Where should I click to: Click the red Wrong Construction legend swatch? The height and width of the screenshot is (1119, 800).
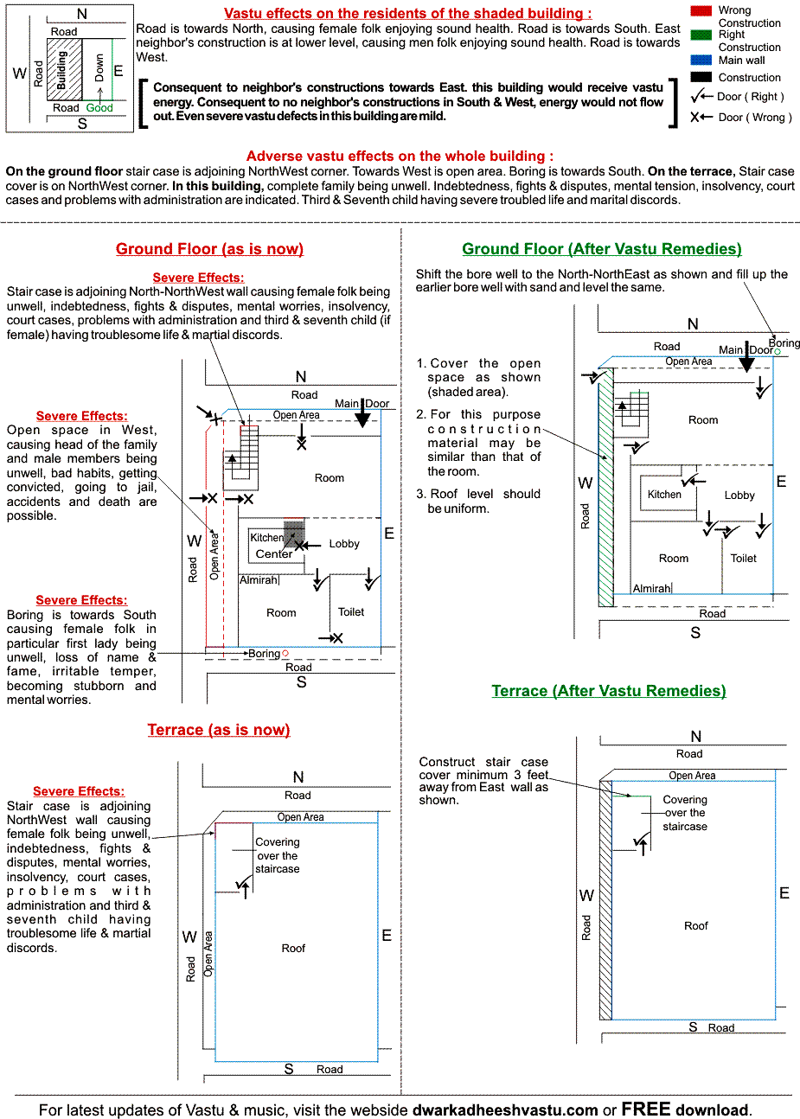point(701,11)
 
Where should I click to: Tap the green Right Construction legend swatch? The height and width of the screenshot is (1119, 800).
point(701,35)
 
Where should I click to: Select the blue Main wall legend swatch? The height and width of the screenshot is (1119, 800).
point(701,61)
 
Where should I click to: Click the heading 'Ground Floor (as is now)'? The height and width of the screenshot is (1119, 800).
point(209,249)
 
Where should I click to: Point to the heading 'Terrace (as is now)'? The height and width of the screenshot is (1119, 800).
point(219,730)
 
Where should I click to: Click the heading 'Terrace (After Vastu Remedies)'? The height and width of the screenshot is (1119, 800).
point(609,691)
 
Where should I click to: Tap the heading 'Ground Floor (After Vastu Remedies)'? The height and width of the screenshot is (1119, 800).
point(602,249)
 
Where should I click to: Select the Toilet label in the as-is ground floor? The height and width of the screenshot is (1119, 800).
point(351,612)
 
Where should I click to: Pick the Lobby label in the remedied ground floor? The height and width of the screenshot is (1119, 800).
point(739,496)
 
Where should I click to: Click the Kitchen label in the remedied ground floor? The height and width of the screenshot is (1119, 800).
point(664,495)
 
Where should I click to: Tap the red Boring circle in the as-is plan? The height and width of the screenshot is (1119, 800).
point(285,654)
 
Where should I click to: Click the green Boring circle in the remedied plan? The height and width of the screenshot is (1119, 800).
point(777,352)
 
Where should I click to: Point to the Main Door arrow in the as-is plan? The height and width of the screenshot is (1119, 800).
point(363,418)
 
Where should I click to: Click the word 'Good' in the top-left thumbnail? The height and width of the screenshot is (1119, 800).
point(99,108)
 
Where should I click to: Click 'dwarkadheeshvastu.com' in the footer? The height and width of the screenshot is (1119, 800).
point(505,1109)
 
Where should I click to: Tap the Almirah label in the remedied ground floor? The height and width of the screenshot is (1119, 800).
point(651,589)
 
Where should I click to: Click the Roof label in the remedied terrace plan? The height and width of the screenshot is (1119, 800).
point(696,926)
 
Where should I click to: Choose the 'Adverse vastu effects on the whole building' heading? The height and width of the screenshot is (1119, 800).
point(400,157)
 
